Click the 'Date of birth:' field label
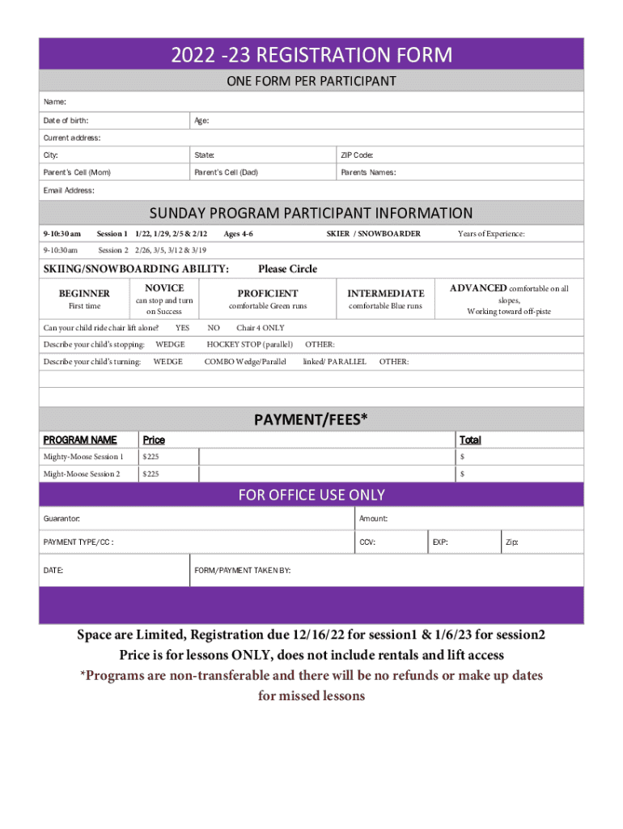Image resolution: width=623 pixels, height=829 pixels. point(66,121)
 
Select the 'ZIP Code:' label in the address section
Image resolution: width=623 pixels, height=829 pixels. point(357,155)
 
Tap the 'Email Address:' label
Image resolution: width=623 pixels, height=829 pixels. point(69,190)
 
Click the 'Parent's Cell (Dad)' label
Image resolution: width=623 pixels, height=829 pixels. point(226,172)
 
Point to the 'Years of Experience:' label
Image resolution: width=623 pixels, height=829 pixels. point(491,234)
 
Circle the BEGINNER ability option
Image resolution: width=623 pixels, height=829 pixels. point(84,293)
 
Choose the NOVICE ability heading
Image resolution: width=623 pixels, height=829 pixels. point(164,288)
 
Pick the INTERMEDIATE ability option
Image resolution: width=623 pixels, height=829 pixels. point(385,293)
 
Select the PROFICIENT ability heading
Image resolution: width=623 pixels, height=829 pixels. point(268,293)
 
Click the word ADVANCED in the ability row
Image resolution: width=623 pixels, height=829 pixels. point(478,288)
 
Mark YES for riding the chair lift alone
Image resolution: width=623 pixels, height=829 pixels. point(182,328)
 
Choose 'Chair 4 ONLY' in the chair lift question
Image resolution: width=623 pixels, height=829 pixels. point(261,328)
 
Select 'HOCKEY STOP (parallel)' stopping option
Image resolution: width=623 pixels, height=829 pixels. point(250,345)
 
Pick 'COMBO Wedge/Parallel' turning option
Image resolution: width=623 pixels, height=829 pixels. point(245,362)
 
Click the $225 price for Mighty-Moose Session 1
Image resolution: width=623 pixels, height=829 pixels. point(150,457)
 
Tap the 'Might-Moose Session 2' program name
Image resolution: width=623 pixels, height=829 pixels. point(82,474)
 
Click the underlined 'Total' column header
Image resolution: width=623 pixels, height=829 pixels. point(470,440)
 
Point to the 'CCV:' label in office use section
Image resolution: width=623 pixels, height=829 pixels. point(367,542)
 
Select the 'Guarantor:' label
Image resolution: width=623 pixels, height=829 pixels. point(61,518)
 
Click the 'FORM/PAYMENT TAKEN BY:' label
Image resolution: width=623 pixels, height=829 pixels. point(242,571)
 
